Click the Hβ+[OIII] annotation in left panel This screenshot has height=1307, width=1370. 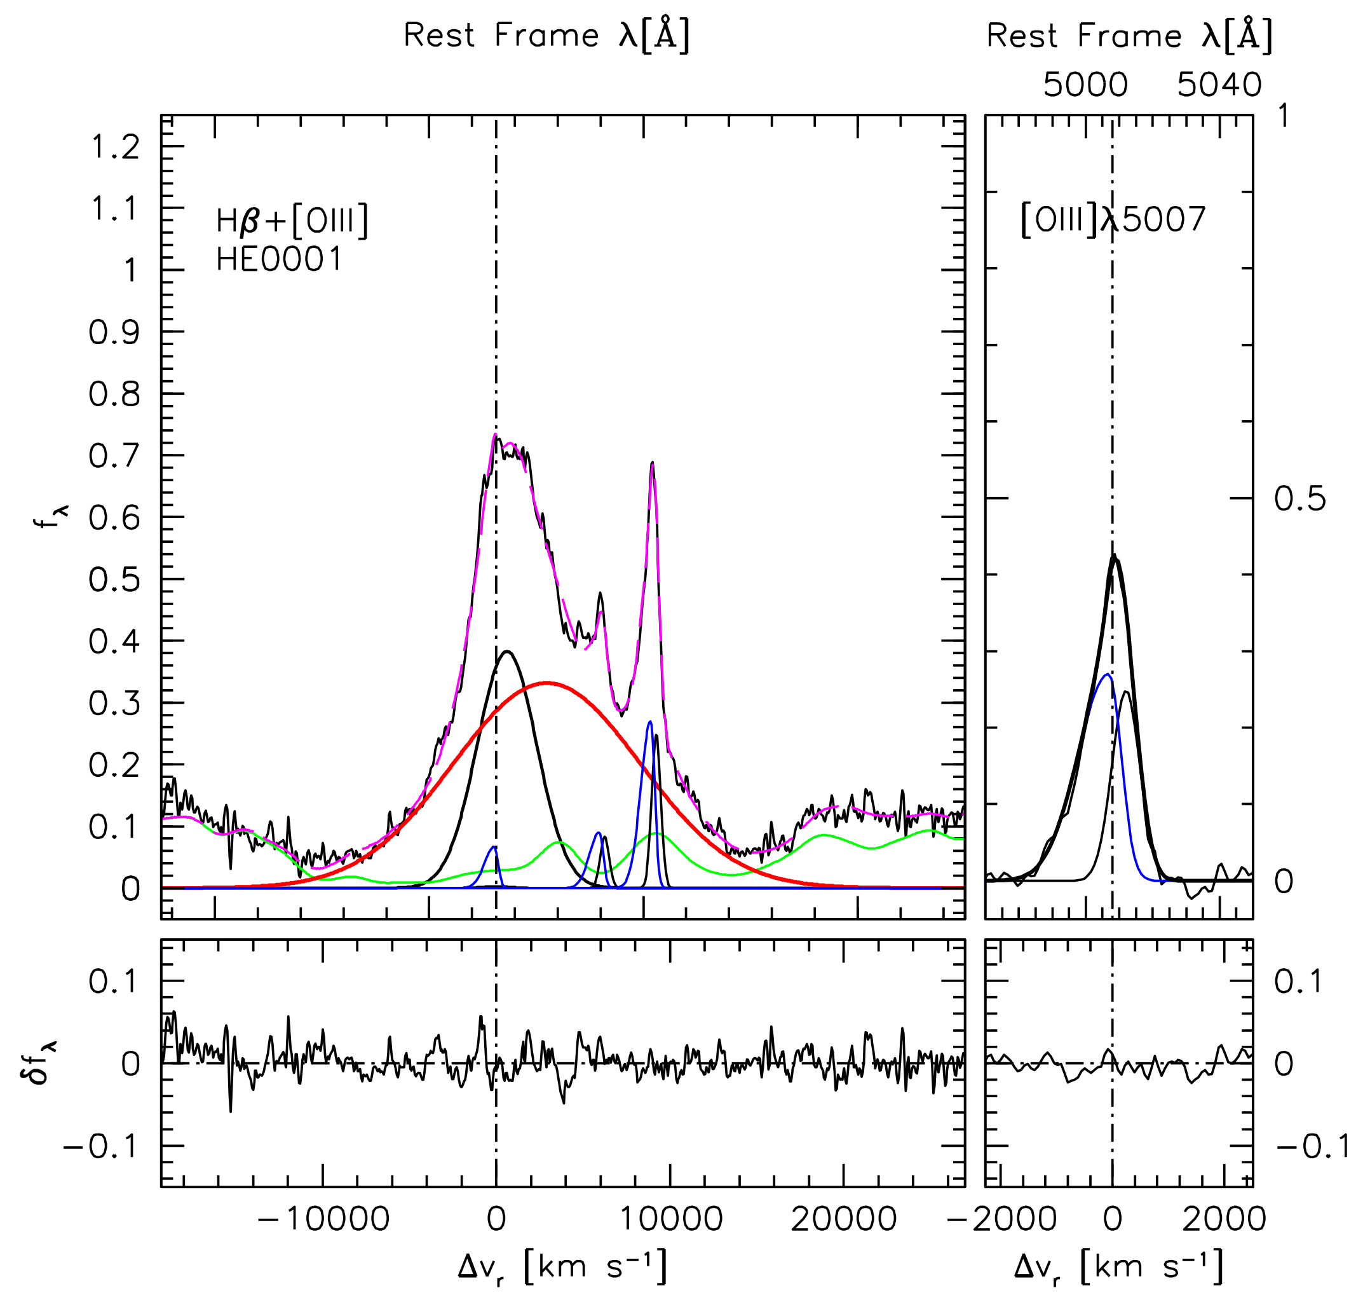(x=292, y=222)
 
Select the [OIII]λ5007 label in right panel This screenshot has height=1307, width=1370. (x=1112, y=220)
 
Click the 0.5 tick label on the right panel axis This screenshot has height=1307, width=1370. (x=1299, y=500)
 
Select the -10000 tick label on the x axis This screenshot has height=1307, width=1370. (x=322, y=1219)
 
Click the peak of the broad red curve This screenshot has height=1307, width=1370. (x=548, y=682)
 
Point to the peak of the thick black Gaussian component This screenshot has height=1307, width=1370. (x=507, y=652)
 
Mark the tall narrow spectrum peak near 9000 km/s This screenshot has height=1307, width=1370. (x=652, y=462)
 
